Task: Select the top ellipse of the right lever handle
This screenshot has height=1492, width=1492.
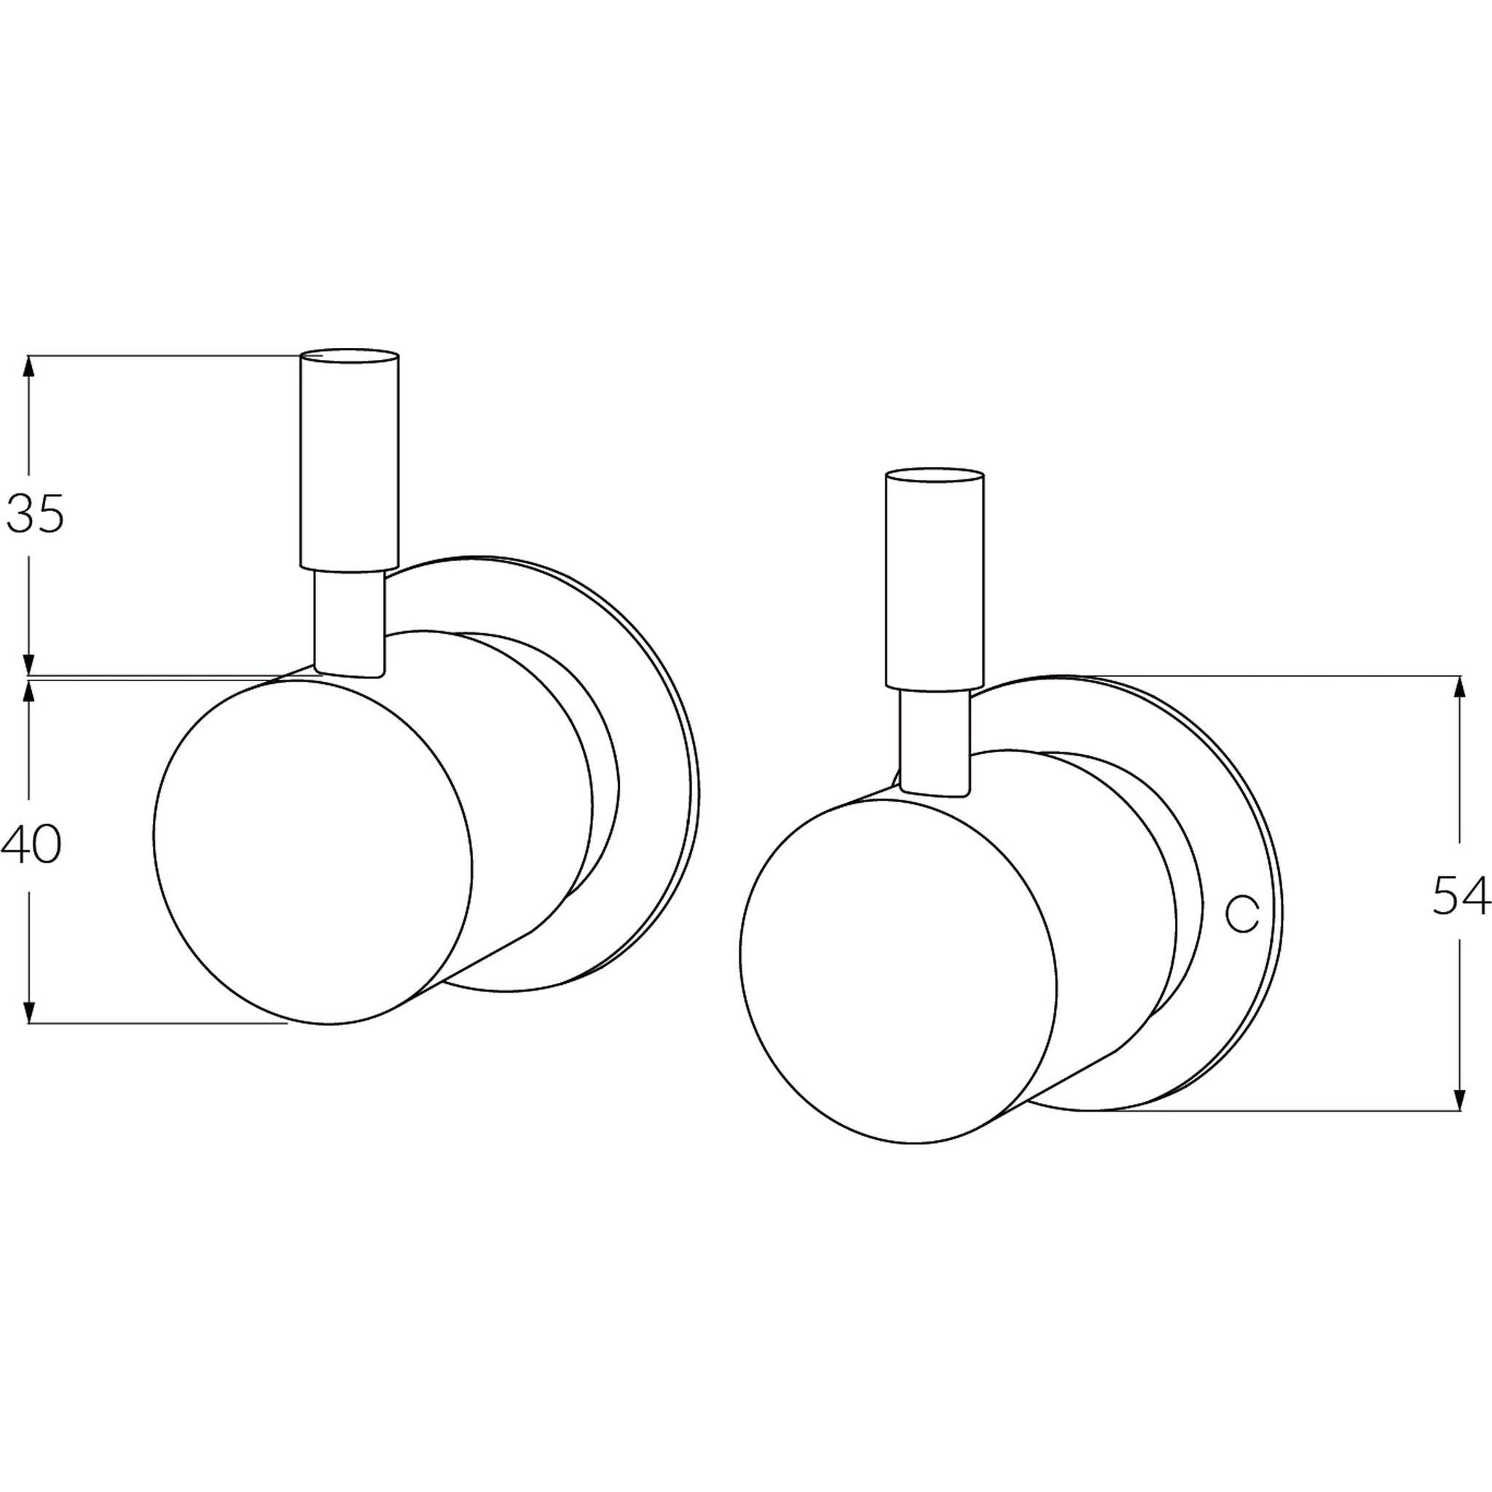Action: (935, 476)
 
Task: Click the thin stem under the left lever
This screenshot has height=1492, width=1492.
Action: (349, 624)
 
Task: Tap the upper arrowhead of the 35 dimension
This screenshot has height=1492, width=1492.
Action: (29, 367)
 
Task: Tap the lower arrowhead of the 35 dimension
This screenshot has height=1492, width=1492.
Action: (29, 664)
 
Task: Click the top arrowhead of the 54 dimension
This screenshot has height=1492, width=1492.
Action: (1458, 687)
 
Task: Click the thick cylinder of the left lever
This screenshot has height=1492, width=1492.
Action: (350, 463)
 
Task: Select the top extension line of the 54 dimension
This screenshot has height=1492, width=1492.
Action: (1274, 676)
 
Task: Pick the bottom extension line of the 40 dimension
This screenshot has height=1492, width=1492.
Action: (154, 1024)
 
